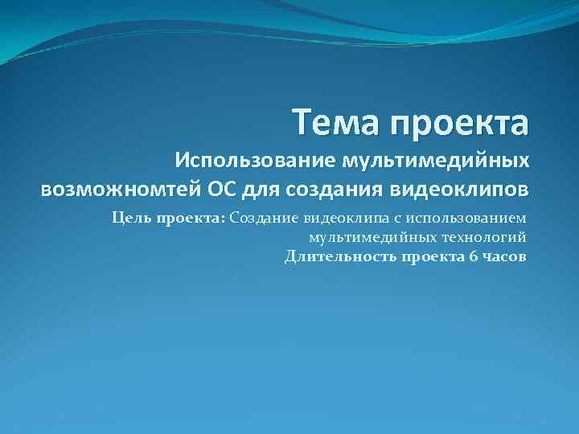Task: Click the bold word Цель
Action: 129,218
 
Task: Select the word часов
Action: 504,256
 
